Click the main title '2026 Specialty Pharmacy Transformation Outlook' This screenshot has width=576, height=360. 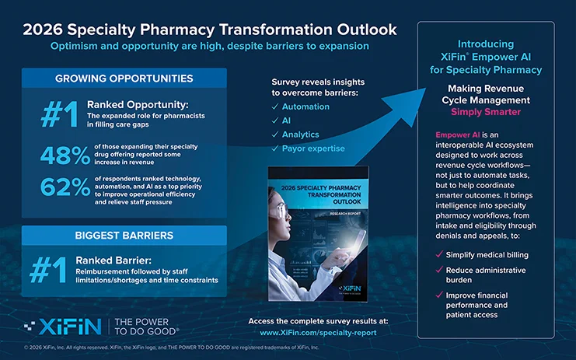point(209,30)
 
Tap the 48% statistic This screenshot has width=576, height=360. point(64,156)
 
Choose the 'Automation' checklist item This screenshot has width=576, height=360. point(305,107)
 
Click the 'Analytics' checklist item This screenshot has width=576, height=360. point(302,135)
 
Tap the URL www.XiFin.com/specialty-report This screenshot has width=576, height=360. point(319,333)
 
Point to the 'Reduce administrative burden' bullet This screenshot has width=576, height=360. point(485,275)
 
